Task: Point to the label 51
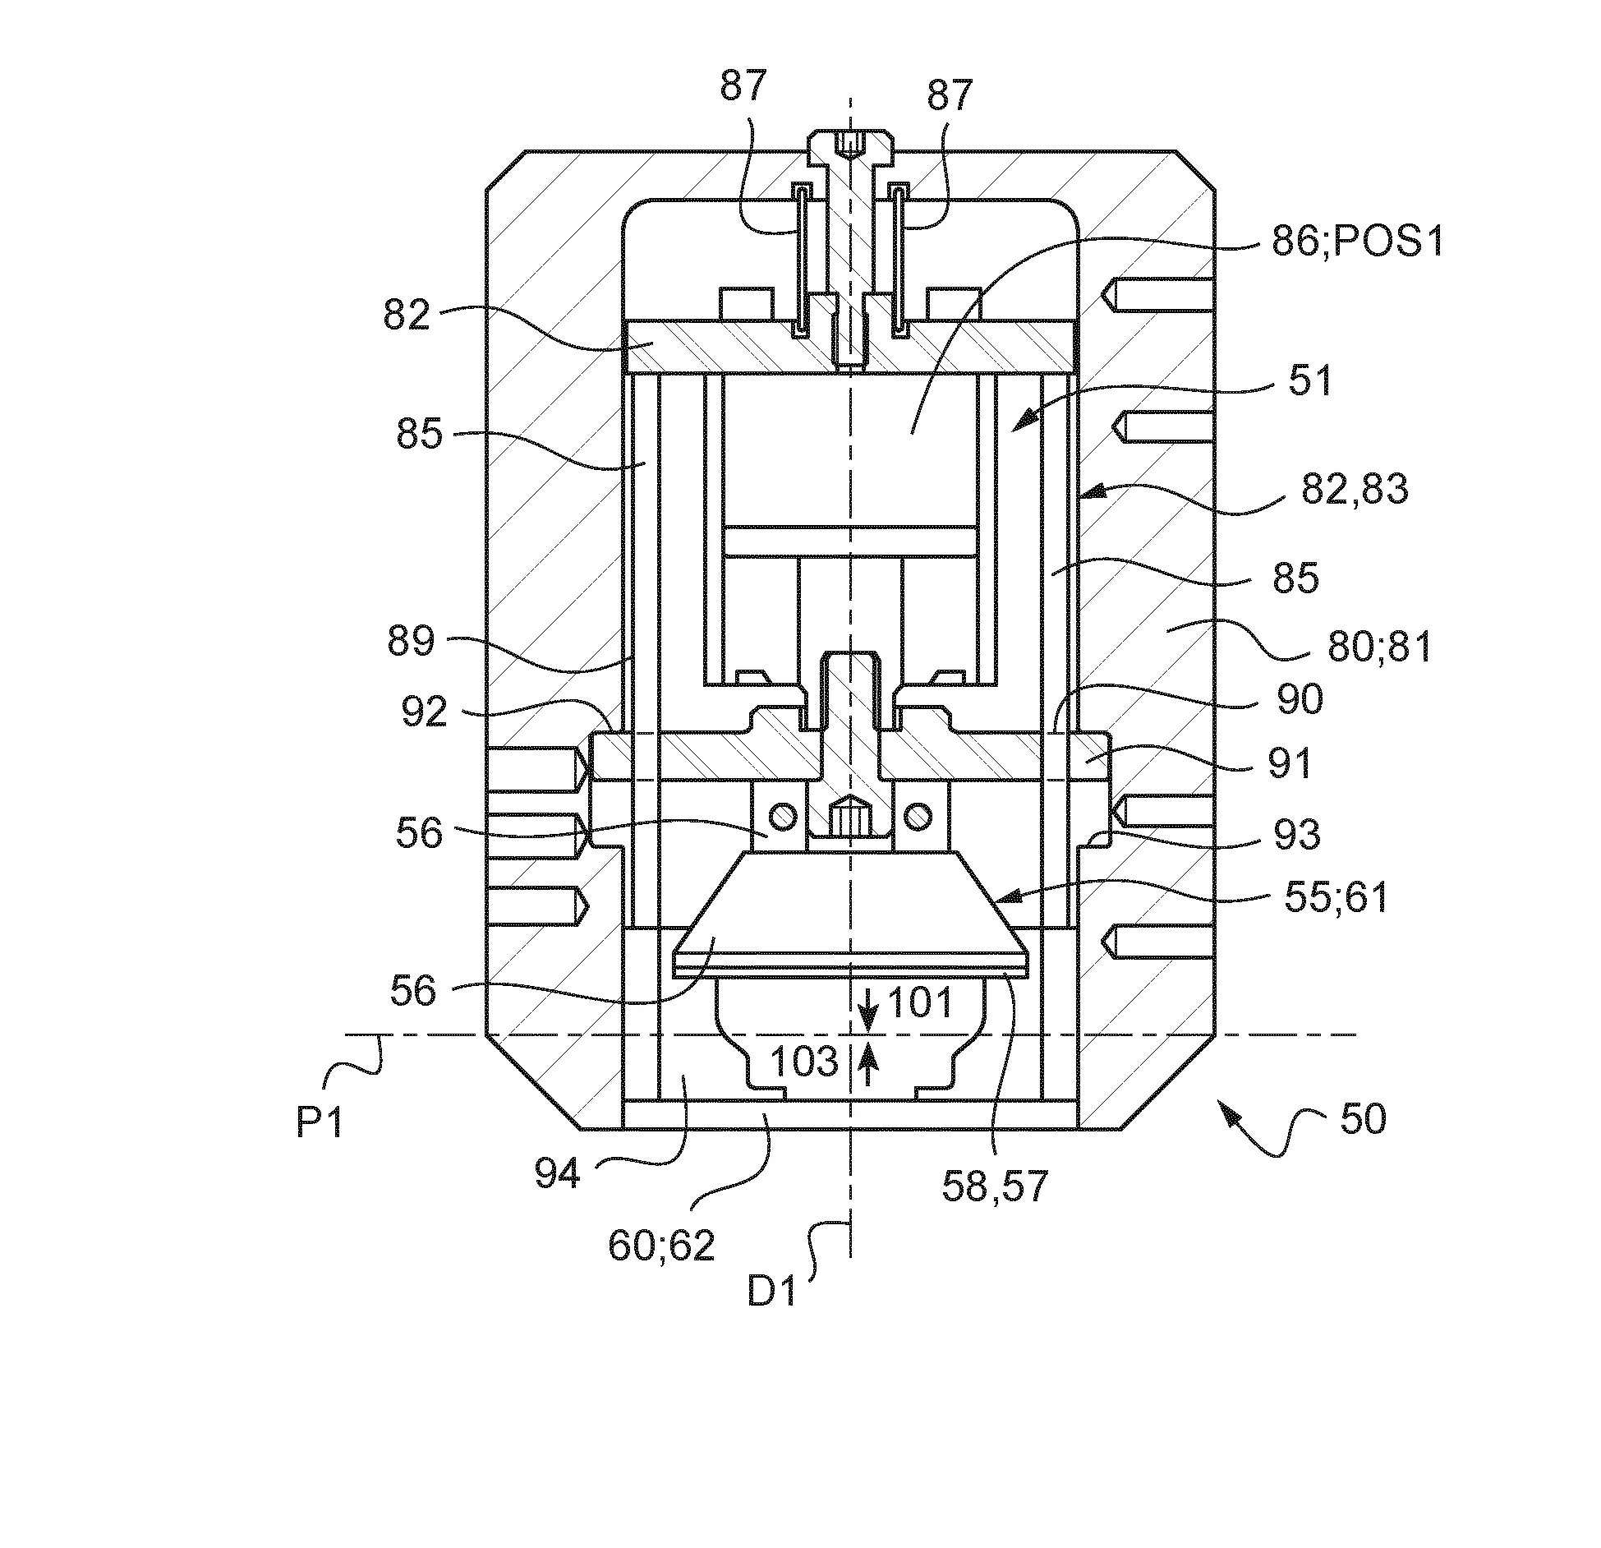click(1310, 381)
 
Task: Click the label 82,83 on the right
click(1355, 491)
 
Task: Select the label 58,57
click(995, 1186)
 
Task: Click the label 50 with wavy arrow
click(1364, 1119)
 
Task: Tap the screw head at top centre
click(850, 143)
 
